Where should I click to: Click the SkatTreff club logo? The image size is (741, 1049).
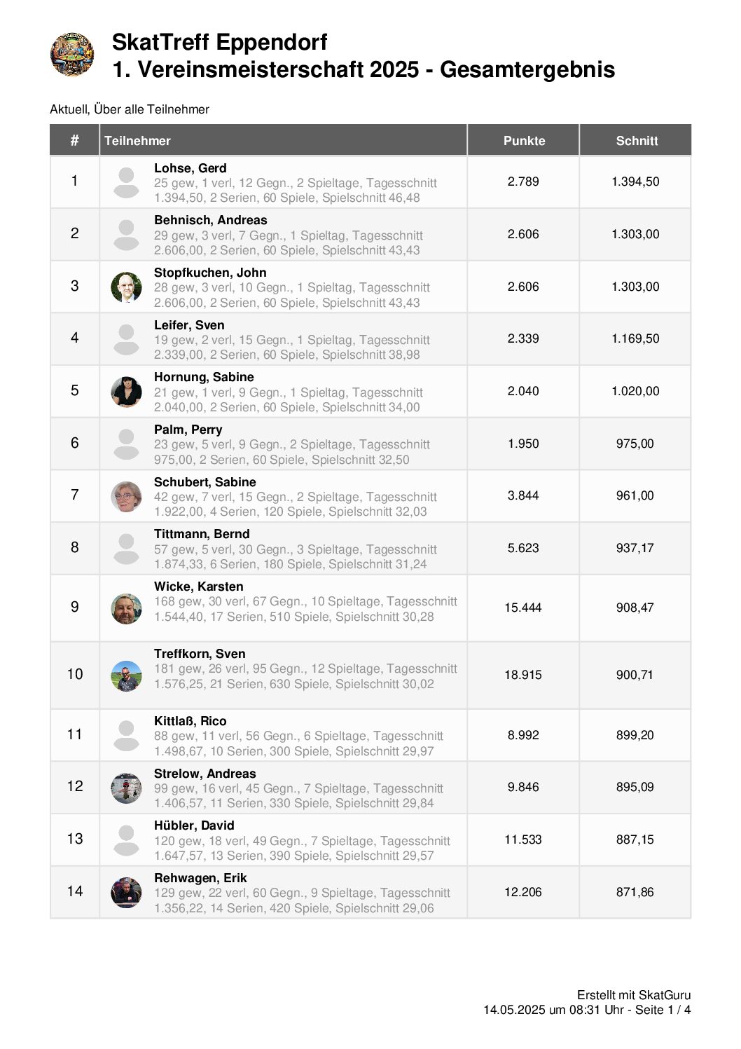coord(72,54)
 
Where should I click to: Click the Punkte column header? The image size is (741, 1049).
coord(524,141)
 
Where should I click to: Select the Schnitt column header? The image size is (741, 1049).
coord(637,141)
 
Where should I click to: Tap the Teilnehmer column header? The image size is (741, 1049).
coord(138,141)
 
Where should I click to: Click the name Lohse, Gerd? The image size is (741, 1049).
coord(191,168)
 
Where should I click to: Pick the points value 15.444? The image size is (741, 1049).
coord(523,608)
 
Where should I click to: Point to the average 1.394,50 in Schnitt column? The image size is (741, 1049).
coord(635,181)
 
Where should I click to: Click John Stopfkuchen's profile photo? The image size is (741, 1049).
coord(126,287)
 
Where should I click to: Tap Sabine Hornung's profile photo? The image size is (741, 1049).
coord(126,391)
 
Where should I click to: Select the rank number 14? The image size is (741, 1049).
coord(75,891)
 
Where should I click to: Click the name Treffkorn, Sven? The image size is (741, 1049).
coord(200,654)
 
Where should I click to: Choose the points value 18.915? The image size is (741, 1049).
coord(523,675)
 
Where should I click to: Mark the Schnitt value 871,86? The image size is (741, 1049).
coord(635,892)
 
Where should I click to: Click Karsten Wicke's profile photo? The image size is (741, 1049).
coord(126,608)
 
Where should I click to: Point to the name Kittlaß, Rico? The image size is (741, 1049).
coord(191,721)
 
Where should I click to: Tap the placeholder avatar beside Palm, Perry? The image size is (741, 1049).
coord(126,444)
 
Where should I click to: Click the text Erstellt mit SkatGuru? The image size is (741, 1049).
coord(634,995)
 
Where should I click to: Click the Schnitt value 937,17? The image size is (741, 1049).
coord(635,548)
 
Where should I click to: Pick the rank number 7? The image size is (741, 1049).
coord(75,495)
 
